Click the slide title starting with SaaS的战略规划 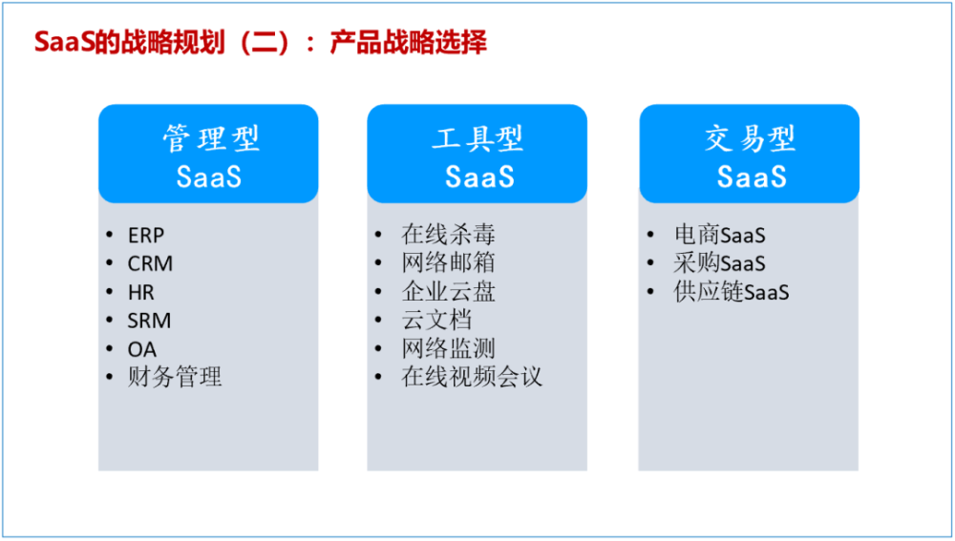click(260, 43)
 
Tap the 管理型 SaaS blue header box click(208, 155)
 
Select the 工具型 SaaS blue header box click(477, 155)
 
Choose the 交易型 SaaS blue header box click(750, 155)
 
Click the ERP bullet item click(146, 236)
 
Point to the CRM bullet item click(150, 264)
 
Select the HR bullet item click(141, 293)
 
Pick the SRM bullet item click(149, 322)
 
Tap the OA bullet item click(141, 350)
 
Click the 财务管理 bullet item click(175, 378)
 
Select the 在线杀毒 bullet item click(448, 235)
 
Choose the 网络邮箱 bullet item click(448, 263)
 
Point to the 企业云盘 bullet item click(448, 292)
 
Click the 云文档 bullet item click(436, 321)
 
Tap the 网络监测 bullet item click(448, 349)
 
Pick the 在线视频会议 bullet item click(472, 377)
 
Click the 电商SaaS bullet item click(720, 236)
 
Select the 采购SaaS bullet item click(720, 264)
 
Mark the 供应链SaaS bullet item click(732, 293)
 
